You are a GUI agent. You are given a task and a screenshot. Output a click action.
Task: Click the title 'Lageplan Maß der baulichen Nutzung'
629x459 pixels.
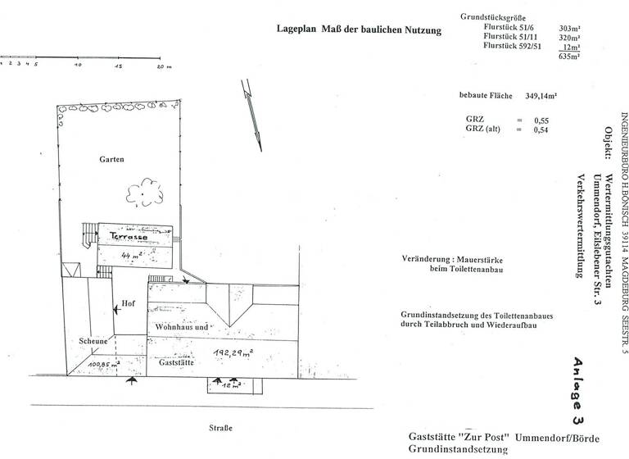pos(359,30)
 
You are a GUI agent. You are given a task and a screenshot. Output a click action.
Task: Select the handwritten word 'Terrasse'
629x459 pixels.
pos(129,236)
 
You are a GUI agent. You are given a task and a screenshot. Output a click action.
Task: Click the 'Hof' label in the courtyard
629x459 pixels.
pos(128,302)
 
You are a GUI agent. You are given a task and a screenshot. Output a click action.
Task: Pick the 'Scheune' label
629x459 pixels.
pos(93,341)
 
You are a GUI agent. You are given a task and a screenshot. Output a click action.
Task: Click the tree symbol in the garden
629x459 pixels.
pos(146,192)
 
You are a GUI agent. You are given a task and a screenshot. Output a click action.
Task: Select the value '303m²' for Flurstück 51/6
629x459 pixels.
pos(570,27)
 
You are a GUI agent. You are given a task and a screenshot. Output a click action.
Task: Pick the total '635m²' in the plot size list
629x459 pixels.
pos(569,57)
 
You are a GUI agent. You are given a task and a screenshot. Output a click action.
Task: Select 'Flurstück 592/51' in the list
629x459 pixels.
pos(511,48)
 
